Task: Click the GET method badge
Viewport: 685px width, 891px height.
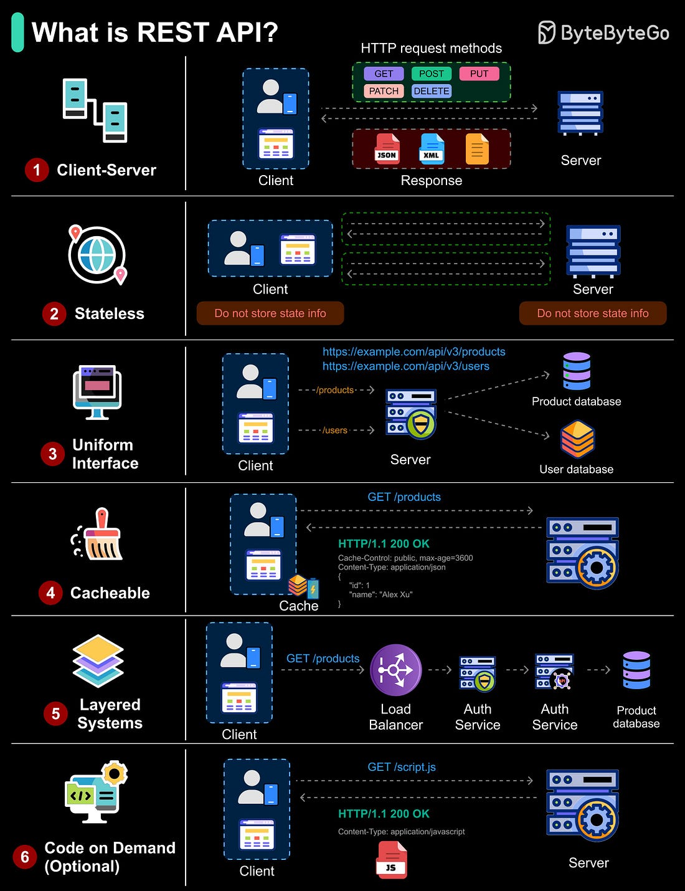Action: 384,74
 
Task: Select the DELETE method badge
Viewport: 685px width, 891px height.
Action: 432,91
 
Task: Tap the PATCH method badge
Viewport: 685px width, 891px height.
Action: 384,91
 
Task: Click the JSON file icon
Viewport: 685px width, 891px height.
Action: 387,150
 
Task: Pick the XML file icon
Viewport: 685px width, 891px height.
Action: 432,150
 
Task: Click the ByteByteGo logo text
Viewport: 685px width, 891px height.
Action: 615,32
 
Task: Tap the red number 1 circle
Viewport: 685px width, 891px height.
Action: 37,170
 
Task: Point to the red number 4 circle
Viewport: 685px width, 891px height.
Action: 50,593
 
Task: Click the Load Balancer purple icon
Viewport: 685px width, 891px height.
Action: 395,670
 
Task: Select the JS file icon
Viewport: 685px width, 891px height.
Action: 391,860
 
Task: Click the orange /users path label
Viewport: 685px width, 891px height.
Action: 335,430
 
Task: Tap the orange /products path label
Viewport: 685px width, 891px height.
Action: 335,390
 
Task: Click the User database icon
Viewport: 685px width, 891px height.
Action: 577,439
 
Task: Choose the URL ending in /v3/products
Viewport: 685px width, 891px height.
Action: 413,351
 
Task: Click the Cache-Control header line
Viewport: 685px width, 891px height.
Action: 405,558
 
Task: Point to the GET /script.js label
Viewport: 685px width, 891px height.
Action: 402,767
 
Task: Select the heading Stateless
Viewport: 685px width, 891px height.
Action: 110,313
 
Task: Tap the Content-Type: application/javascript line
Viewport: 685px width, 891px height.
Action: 401,832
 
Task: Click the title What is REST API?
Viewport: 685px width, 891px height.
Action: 154,32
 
